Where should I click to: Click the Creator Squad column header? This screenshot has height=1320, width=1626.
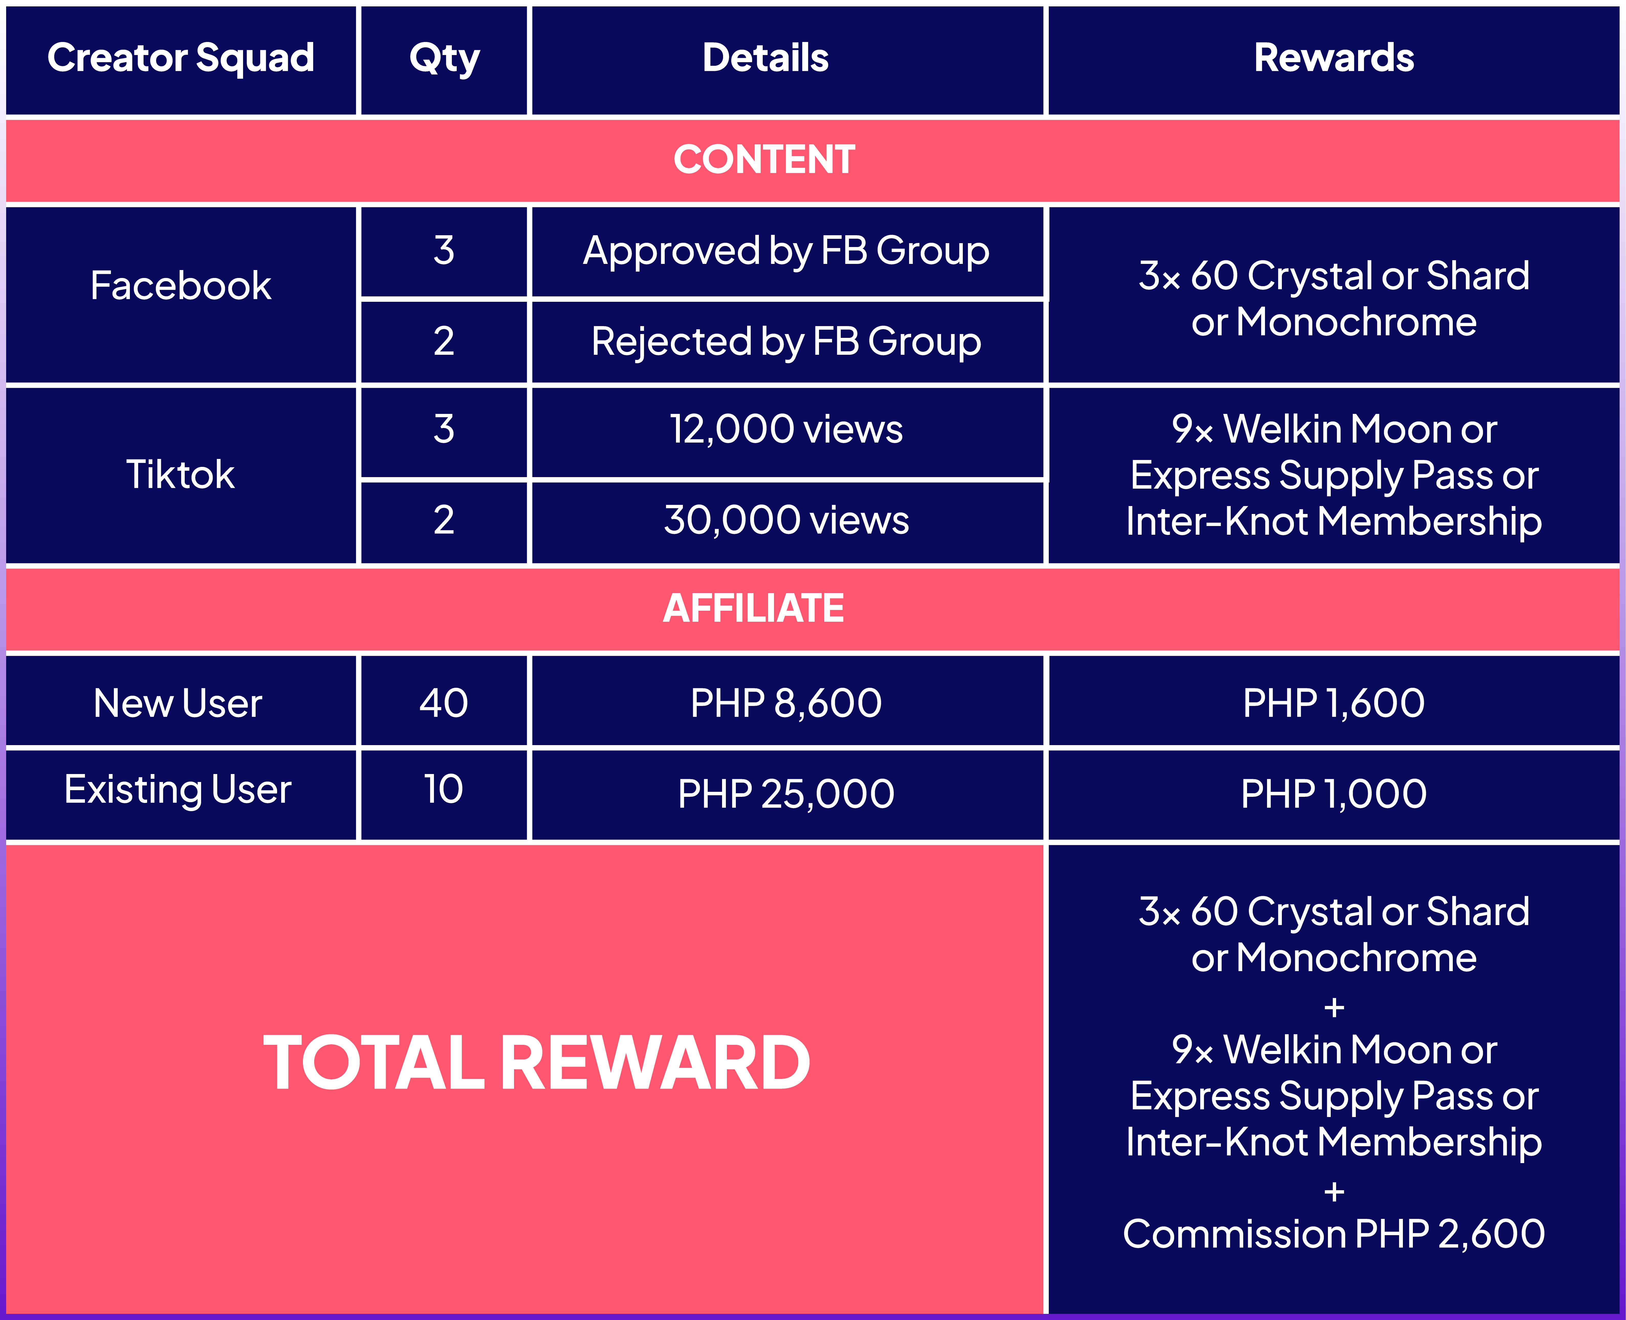(181, 59)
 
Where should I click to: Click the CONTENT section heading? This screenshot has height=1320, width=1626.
(765, 160)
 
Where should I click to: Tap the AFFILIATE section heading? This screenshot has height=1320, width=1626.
(753, 608)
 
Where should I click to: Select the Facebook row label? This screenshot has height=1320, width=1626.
(181, 286)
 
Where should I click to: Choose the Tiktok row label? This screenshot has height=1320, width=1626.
(180, 475)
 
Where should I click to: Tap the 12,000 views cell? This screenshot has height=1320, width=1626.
(787, 430)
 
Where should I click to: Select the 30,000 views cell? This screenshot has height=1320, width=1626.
(787, 520)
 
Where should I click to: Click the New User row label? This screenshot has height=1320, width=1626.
(178, 703)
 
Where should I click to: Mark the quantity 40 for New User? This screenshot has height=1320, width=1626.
(444, 703)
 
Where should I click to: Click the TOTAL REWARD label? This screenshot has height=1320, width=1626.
(537, 1063)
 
